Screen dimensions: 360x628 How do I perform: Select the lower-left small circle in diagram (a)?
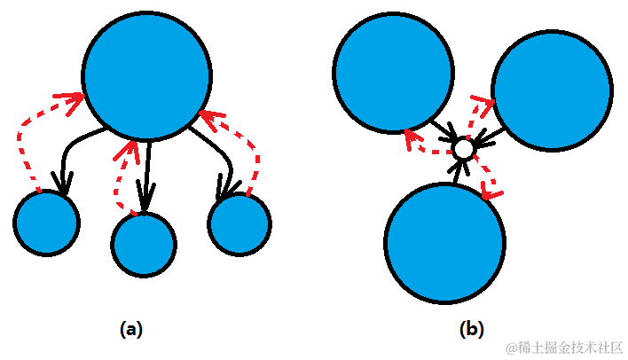pos(47,222)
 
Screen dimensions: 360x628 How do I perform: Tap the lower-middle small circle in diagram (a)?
pos(144,243)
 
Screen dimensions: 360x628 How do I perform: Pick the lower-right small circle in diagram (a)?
pos(239,223)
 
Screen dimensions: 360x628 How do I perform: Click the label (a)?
pos(130,330)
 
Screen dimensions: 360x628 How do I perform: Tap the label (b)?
pos(471,330)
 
